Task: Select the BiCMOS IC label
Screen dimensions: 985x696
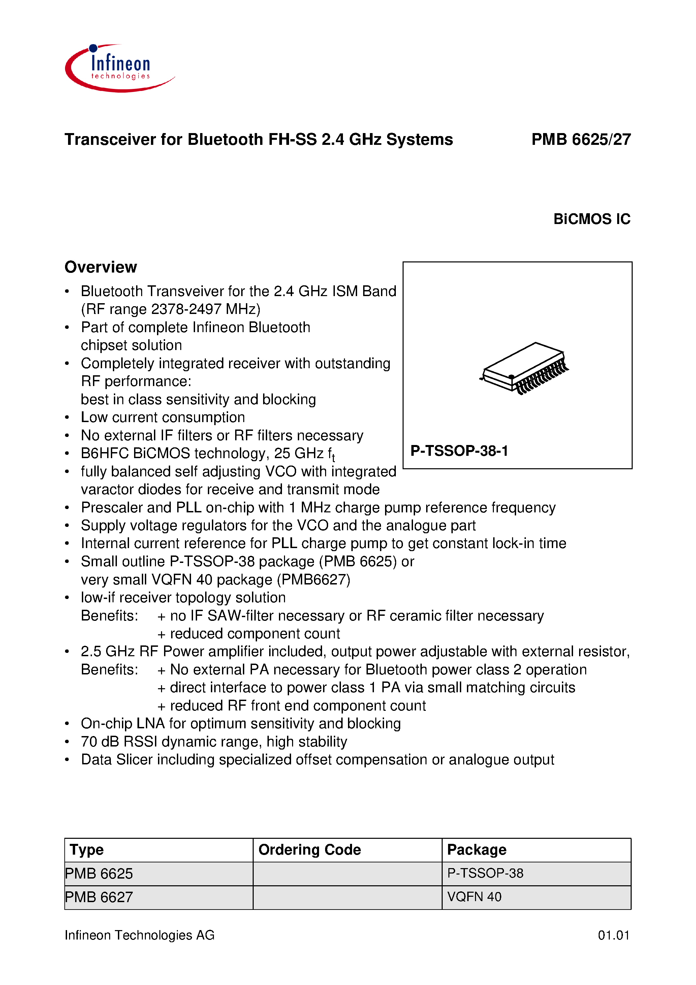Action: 591,219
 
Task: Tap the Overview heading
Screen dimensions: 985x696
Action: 101,267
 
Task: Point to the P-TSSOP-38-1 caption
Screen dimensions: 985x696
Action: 459,451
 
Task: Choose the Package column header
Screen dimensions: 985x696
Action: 477,850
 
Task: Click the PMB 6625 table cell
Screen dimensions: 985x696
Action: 99,873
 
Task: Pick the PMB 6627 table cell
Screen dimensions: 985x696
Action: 99,897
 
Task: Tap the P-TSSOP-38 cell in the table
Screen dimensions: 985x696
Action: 485,873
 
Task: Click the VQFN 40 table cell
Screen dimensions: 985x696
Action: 474,897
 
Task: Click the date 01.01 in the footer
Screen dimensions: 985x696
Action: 613,935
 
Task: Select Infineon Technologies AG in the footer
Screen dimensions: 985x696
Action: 139,935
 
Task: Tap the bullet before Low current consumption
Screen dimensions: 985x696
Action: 67,417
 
